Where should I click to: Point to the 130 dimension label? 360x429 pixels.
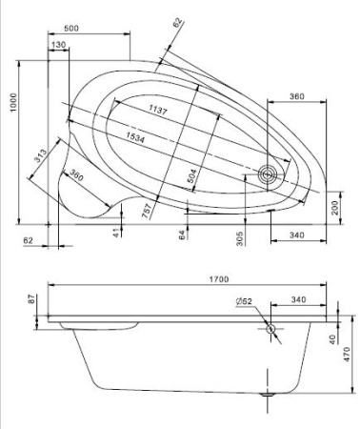59,46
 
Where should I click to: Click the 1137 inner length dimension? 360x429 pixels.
158,112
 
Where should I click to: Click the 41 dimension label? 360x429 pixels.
117,233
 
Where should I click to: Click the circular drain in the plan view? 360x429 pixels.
270,174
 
